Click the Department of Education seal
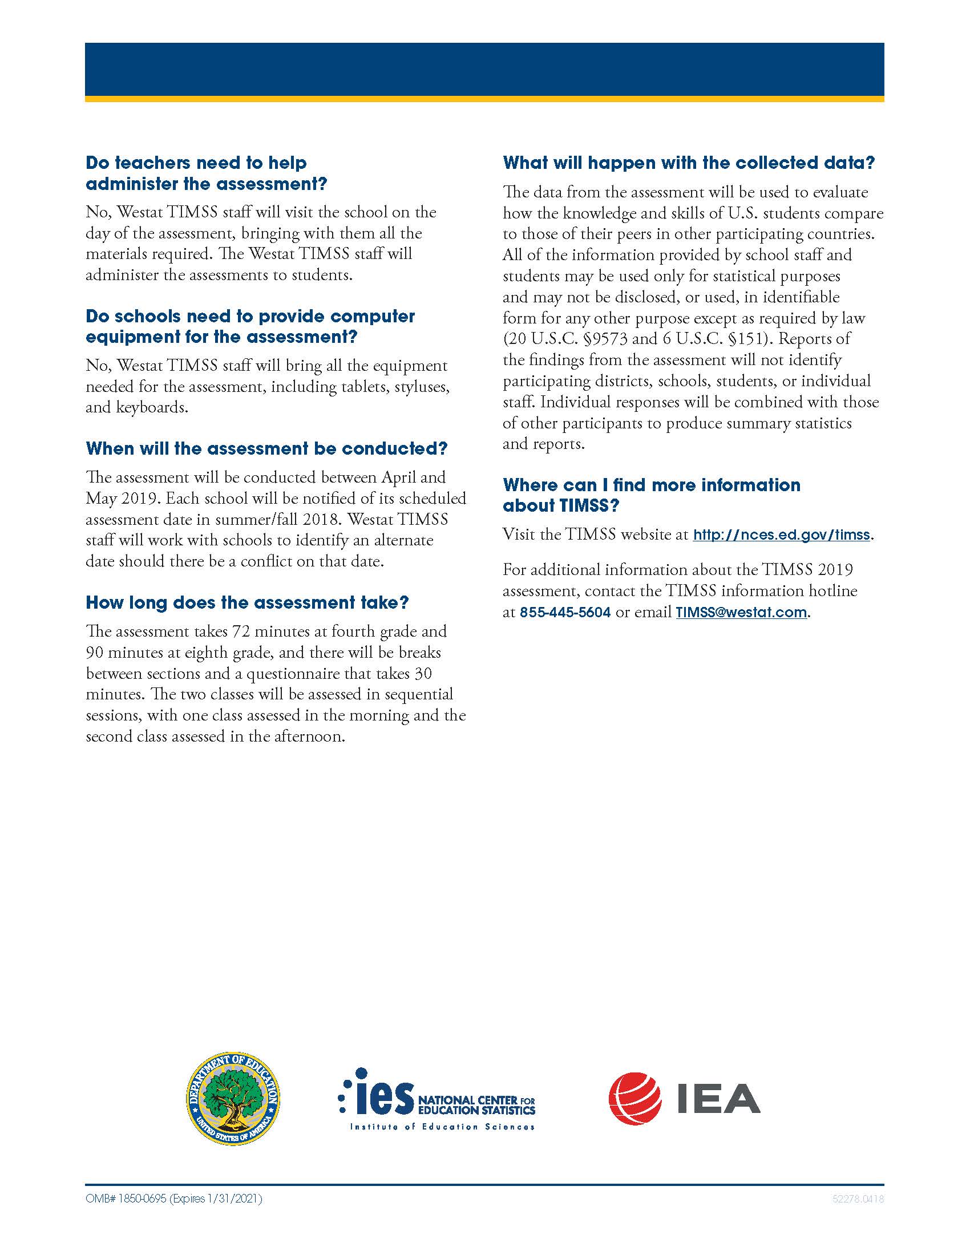tap(233, 1099)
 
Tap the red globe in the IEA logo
tap(634, 1098)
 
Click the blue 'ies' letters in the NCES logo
tap(384, 1097)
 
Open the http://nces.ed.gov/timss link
tap(781, 535)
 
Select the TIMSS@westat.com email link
tap(741, 613)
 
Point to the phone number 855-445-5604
tap(565, 613)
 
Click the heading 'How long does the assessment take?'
tap(247, 603)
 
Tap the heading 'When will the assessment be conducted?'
tap(266, 449)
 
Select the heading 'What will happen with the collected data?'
tap(689, 163)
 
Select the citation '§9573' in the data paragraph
tap(604, 339)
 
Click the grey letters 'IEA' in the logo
tap(718, 1099)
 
